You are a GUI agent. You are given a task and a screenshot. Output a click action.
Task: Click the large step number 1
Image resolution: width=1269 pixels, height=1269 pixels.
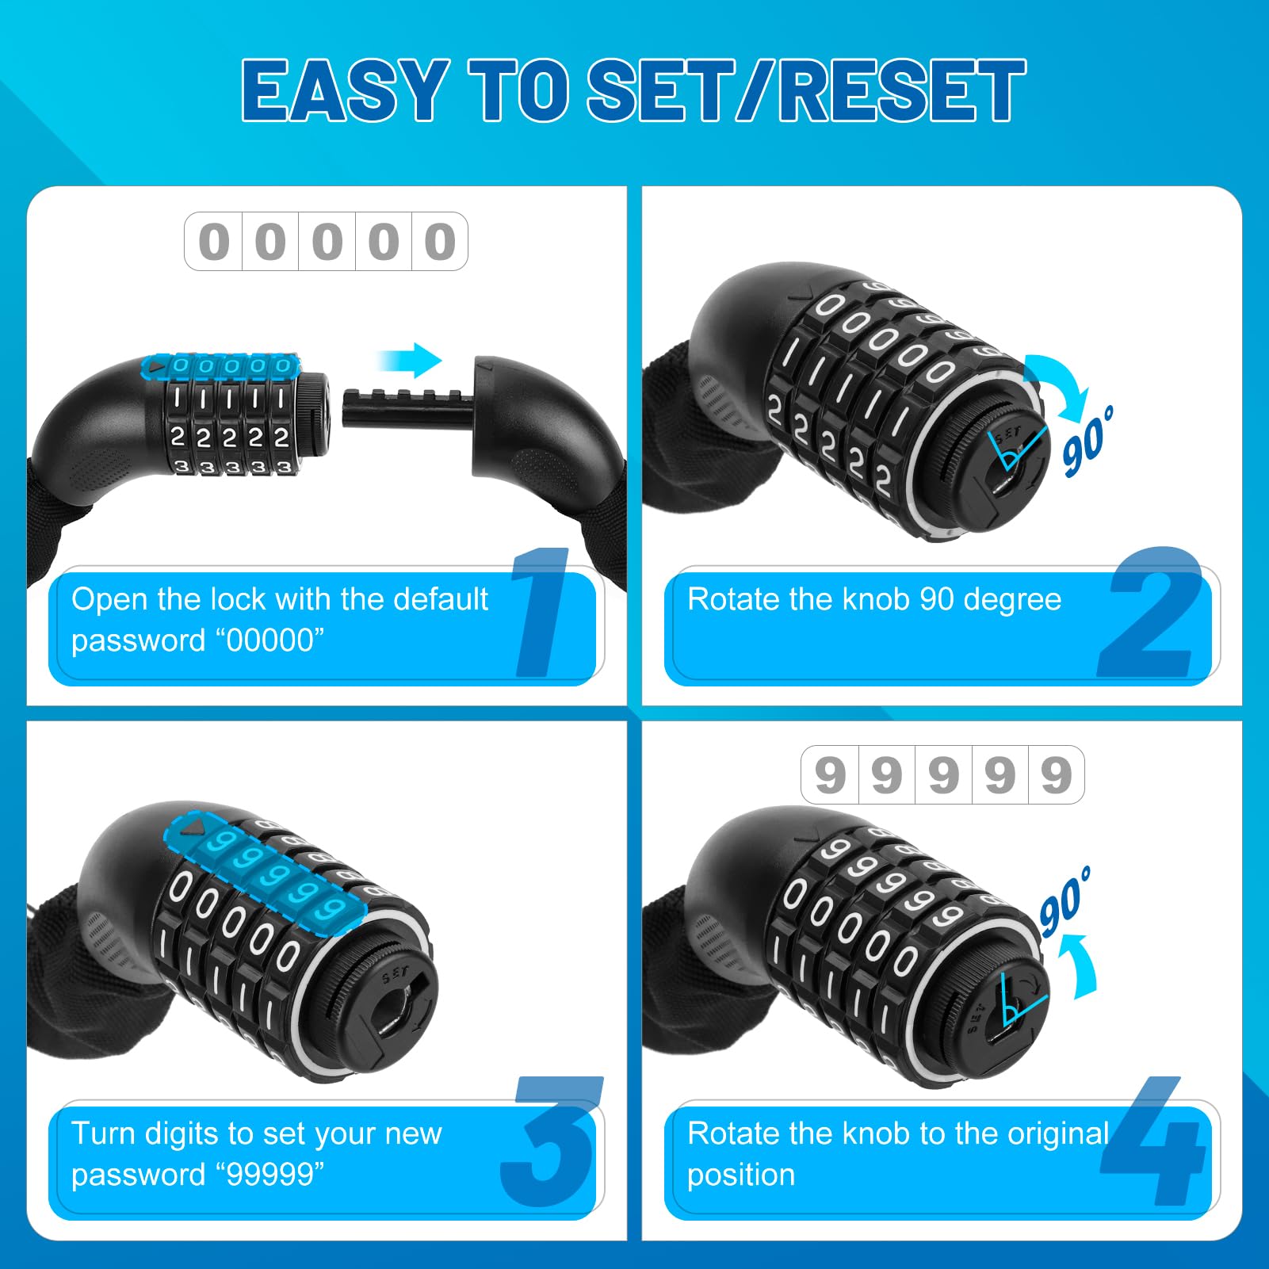coord(541,612)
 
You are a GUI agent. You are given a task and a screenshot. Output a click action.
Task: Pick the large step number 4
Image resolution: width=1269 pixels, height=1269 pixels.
coord(1154,1141)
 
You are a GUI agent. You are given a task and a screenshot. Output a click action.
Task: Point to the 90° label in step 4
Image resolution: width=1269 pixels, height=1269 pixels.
coord(1065,901)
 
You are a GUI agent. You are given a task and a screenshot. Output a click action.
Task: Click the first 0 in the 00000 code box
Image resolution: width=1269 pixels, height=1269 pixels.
coord(213,242)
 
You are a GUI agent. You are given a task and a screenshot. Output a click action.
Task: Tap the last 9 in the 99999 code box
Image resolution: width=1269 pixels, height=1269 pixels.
coord(1057,775)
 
